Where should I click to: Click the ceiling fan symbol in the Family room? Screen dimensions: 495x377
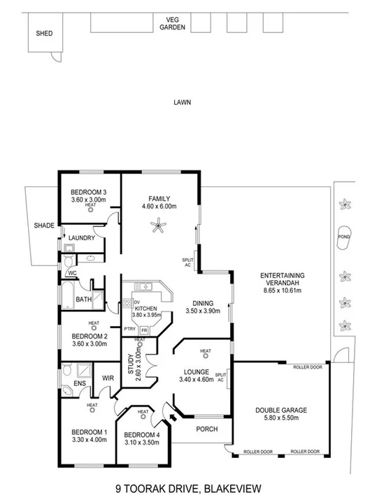click(x=161, y=224)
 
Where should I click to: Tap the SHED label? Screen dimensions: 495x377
click(x=43, y=33)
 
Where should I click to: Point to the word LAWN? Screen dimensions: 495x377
click(x=183, y=102)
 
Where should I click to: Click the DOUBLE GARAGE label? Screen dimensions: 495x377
click(x=280, y=410)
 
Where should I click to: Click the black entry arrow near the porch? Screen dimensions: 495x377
click(x=173, y=418)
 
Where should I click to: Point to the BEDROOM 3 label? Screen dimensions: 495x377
click(x=88, y=192)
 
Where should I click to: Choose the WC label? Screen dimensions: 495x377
click(x=72, y=273)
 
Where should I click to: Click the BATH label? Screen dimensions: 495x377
click(x=84, y=300)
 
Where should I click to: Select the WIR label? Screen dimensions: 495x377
click(x=108, y=379)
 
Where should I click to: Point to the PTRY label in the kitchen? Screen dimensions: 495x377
click(x=129, y=329)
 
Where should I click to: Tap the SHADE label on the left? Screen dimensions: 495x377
click(x=44, y=226)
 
